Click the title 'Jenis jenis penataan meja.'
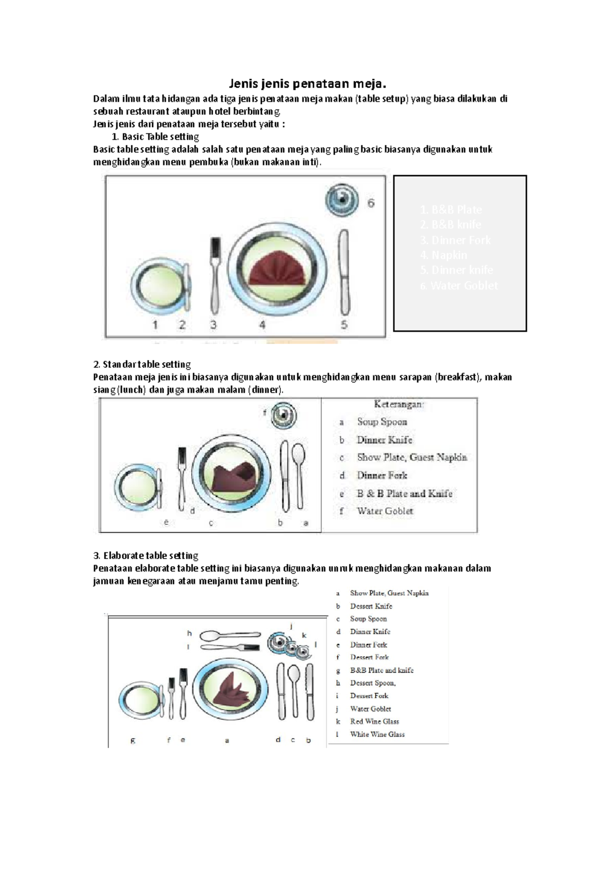307,84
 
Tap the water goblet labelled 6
342,200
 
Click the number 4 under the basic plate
262,325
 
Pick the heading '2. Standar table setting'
142,364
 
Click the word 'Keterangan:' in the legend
399,404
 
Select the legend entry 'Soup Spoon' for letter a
382,422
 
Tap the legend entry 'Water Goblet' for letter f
385,511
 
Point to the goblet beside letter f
283,415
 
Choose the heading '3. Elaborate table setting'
146,555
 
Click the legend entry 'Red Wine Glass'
374,721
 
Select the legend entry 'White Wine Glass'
377,734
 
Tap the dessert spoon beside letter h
230,635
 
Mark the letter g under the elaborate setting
133,740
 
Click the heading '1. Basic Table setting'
155,137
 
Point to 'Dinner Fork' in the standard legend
382,475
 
